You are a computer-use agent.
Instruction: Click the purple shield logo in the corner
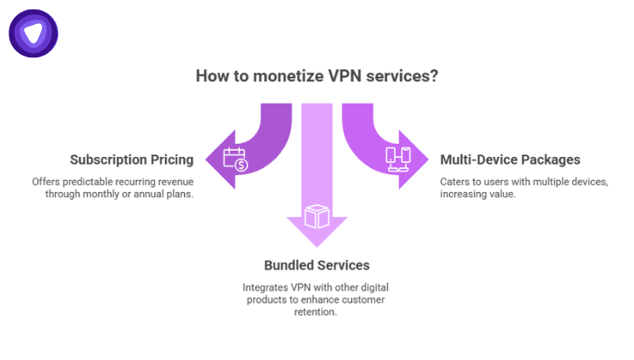[x=33, y=33]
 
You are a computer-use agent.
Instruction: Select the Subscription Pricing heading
[x=132, y=159]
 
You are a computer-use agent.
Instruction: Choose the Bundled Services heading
[x=316, y=265]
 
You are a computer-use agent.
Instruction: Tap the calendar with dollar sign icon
[x=235, y=159]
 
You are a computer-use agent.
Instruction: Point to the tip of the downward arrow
[x=317, y=245]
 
